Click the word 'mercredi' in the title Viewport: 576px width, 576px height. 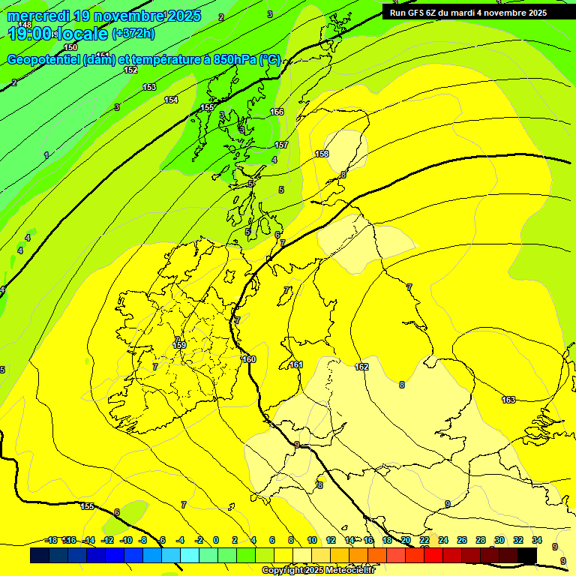coord(37,16)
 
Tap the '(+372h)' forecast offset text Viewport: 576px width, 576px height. coord(134,34)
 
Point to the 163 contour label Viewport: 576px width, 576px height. coord(508,400)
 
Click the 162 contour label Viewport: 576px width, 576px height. coord(362,367)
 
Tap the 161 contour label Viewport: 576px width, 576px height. coord(296,365)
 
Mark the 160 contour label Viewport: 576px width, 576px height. coord(249,359)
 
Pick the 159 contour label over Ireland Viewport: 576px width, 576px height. coord(179,345)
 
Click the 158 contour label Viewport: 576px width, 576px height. coord(322,154)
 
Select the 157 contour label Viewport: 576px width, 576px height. coord(281,145)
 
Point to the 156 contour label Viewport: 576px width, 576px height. coord(277,112)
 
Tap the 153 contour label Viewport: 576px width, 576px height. coord(149,87)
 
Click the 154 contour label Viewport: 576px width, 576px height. coord(171,100)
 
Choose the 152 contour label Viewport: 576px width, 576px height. coord(130,70)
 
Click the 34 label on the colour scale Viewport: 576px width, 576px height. coord(536,540)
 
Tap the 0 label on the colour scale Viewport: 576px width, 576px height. coord(215,540)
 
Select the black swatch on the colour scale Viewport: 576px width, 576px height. coord(526,555)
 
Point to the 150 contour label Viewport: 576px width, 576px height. coord(70,47)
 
